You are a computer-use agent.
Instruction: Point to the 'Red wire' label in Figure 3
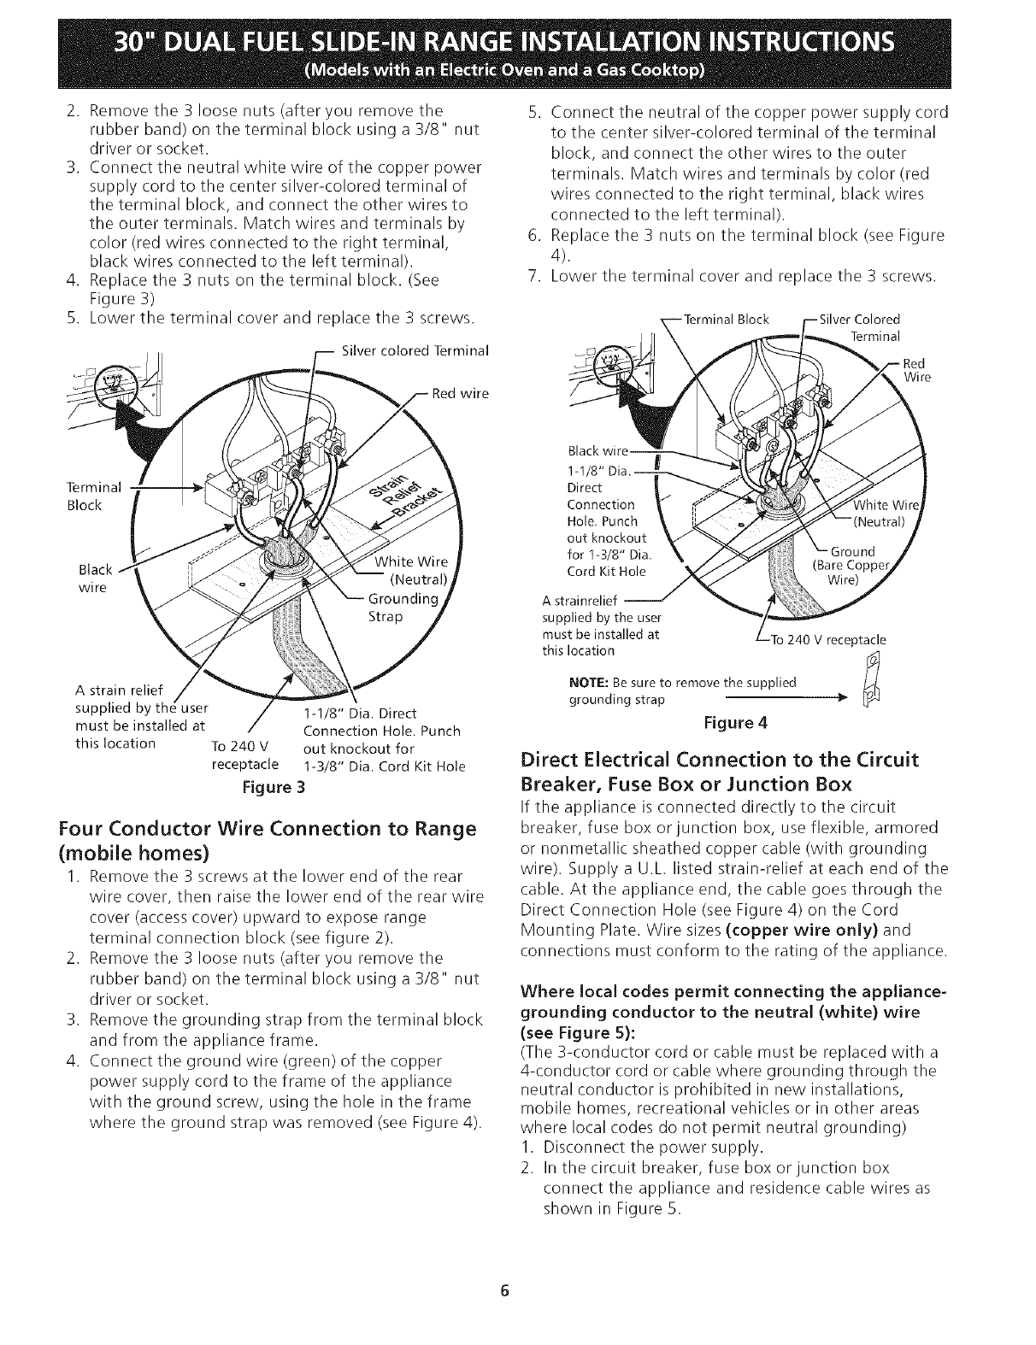(460, 394)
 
